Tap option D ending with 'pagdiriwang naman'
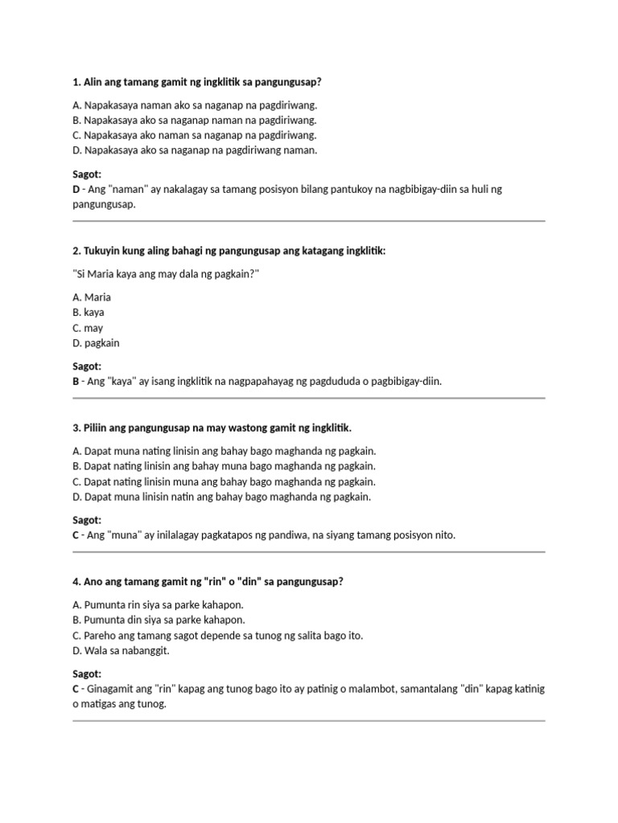[195, 150]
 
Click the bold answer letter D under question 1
[76, 190]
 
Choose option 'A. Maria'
[92, 297]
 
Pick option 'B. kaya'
[89, 313]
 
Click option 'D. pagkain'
[96, 343]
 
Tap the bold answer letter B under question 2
[76, 382]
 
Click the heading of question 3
[212, 427]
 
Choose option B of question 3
[224, 466]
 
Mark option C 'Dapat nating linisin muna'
[224, 481]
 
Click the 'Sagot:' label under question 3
[87, 520]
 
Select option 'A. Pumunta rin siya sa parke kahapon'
[158, 604]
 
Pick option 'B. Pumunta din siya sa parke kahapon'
[159, 620]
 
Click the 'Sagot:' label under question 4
[87, 674]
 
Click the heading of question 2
[229, 251]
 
